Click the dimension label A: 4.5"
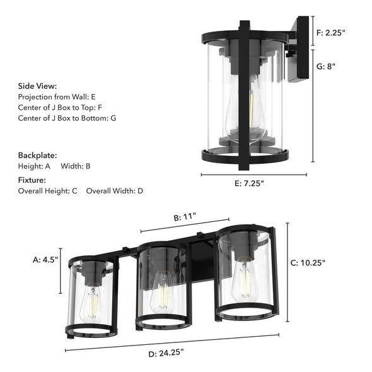[x=45, y=259]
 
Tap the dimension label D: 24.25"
[x=169, y=354]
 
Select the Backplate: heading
[x=37, y=154]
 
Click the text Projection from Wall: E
[x=57, y=97]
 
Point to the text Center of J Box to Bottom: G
[x=67, y=118]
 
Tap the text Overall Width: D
[x=114, y=190]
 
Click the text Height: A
[x=34, y=166]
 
